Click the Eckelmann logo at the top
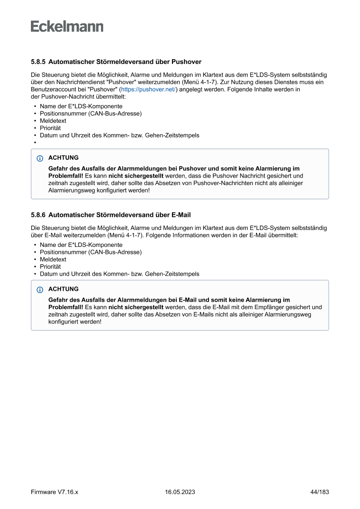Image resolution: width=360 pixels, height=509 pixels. [x=67, y=27]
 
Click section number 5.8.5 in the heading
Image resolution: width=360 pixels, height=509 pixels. [x=38, y=62]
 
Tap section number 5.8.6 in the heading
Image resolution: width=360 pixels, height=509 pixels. [x=38, y=215]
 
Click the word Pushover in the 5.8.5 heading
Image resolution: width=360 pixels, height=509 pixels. [x=186, y=62]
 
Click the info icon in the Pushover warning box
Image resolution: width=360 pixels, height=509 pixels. [x=40, y=158]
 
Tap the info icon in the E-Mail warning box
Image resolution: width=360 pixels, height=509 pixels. [x=40, y=290]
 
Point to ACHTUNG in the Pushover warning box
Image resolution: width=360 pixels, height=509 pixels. [x=64, y=158]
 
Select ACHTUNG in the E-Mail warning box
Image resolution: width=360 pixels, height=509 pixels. [x=64, y=289]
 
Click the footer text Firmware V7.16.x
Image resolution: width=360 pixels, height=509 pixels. [x=54, y=492]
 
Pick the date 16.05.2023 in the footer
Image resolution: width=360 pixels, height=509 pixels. [x=180, y=492]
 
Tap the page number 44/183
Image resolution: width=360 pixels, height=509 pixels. [x=320, y=492]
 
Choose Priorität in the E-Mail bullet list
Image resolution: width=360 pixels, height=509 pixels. [x=50, y=266]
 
